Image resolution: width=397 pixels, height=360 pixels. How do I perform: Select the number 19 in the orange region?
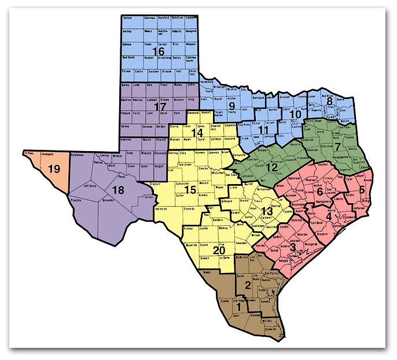[56, 169]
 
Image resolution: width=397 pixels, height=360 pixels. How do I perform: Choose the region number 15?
[190, 190]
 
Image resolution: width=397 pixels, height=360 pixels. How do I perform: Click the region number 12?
[271, 167]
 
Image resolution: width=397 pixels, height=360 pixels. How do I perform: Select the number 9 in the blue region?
[231, 106]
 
